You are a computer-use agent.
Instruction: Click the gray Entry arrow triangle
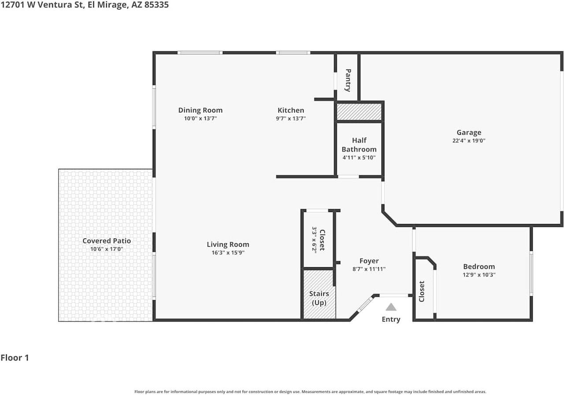pyautogui.click(x=391, y=307)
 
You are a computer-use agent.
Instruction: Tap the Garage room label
pyautogui.click(x=469, y=133)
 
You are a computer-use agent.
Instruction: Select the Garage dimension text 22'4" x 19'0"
pyautogui.click(x=469, y=140)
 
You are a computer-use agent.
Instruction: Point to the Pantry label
pyautogui.click(x=348, y=80)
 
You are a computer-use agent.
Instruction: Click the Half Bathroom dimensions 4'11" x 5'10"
pyautogui.click(x=359, y=158)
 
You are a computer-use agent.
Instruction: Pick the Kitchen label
pyautogui.click(x=291, y=110)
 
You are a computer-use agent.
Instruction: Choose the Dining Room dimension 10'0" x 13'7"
pyautogui.click(x=200, y=118)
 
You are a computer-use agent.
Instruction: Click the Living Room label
pyautogui.click(x=228, y=244)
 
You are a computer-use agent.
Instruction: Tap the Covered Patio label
pyautogui.click(x=107, y=241)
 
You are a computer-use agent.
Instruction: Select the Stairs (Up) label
pyautogui.click(x=319, y=298)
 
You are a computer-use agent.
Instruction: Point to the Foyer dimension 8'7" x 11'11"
pyautogui.click(x=369, y=269)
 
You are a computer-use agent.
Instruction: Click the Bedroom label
pyautogui.click(x=479, y=266)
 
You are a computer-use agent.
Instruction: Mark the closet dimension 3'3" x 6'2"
pyautogui.click(x=314, y=240)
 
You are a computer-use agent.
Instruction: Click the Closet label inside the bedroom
pyautogui.click(x=422, y=292)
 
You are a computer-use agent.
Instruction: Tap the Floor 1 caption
pyautogui.click(x=15, y=358)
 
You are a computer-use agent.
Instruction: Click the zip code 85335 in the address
pyautogui.click(x=156, y=5)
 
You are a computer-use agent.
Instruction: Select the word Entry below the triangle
pyautogui.click(x=391, y=319)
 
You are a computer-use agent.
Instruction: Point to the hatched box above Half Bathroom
pyautogui.click(x=359, y=112)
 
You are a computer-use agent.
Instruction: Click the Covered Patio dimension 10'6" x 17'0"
pyautogui.click(x=107, y=249)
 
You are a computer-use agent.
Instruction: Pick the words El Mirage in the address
pyautogui.click(x=108, y=5)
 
